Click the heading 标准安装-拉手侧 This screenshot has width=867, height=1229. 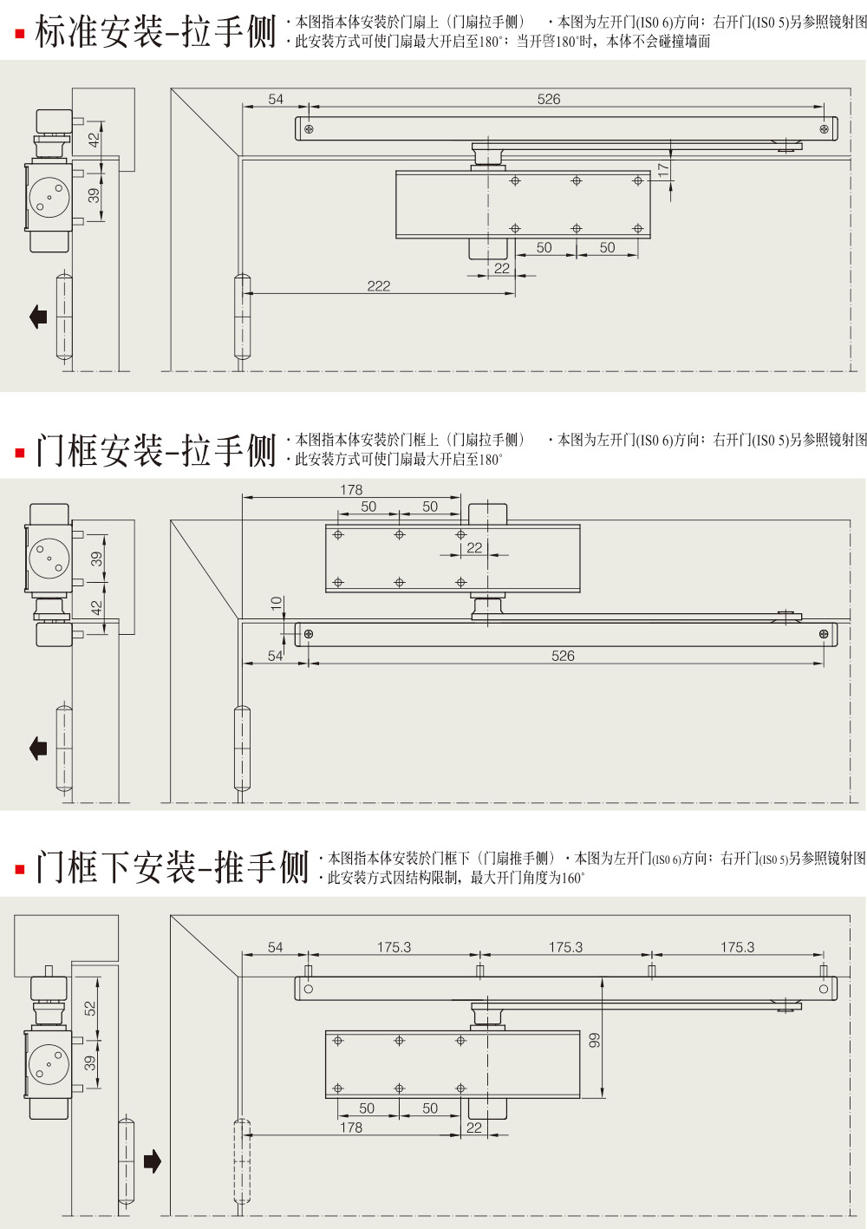tap(155, 33)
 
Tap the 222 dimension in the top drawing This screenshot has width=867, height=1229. tap(379, 285)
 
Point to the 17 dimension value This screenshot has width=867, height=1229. tap(663, 171)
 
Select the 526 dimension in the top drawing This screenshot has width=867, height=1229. tap(549, 99)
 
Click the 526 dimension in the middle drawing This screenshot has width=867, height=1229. tap(563, 656)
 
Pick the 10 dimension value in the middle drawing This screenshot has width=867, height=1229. tap(277, 603)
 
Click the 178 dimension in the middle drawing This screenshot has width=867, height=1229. tap(351, 489)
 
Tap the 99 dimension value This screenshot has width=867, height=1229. tap(595, 1040)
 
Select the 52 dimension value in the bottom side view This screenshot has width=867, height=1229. tap(90, 1009)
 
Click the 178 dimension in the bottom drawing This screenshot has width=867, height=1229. tap(351, 1128)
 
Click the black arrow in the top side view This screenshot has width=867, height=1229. tap(38, 316)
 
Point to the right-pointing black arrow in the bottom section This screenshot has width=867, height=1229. tap(153, 1161)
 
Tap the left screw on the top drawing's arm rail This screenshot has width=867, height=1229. tap(309, 129)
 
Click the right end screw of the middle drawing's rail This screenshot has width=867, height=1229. tap(824, 634)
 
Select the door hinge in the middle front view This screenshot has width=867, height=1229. tap(243, 749)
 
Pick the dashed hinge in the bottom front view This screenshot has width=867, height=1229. tap(242, 1161)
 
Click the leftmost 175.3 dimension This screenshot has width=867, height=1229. tap(394, 947)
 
